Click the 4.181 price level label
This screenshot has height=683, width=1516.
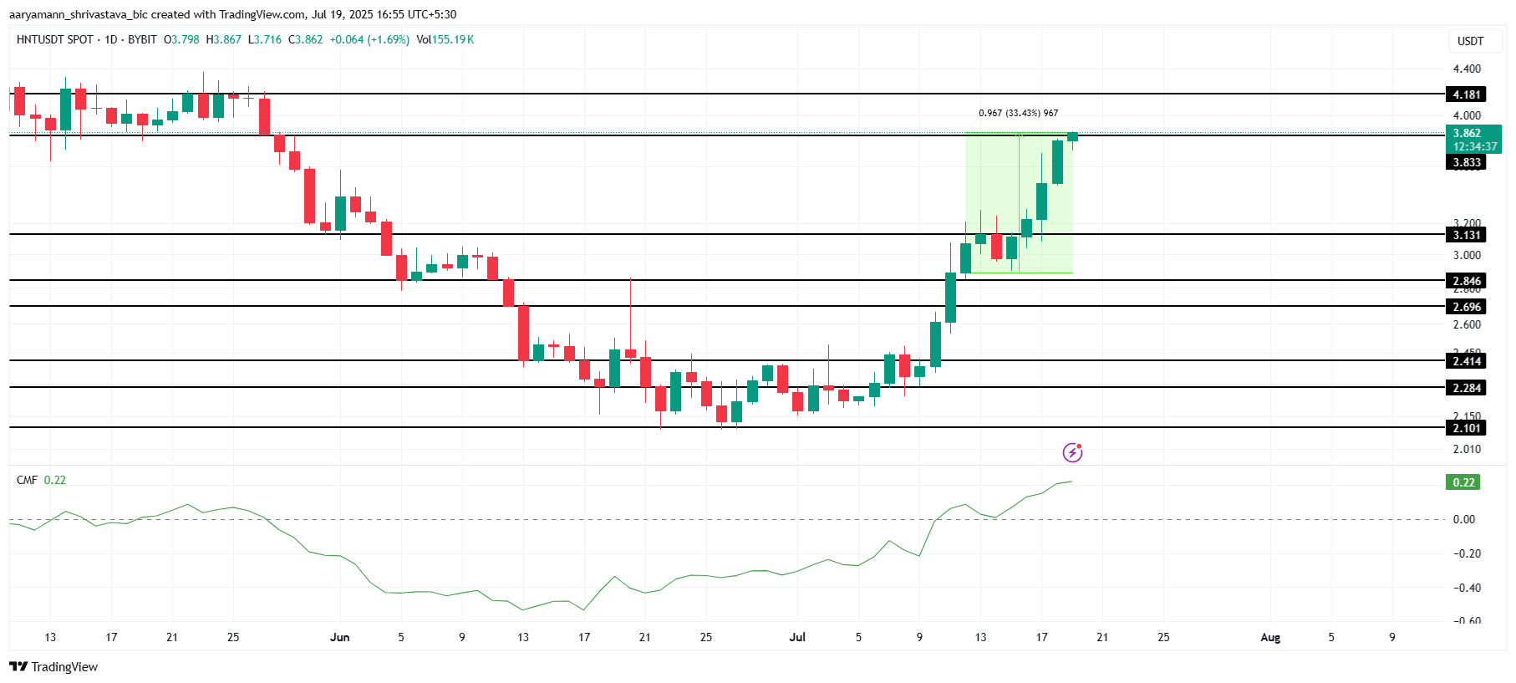click(1466, 94)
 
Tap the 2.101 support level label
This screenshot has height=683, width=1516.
click(1466, 428)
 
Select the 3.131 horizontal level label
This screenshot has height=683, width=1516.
click(1466, 235)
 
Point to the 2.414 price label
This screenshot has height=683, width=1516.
click(1466, 361)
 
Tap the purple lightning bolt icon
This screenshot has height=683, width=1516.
click(1072, 452)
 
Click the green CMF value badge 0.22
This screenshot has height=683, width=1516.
click(1463, 482)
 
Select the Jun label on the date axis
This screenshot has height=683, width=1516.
click(339, 637)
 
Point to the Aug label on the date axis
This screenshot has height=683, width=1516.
click(1269, 637)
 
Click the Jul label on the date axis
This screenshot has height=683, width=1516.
click(797, 637)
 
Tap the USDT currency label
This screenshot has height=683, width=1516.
click(1470, 41)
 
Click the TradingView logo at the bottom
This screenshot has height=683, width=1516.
click(53, 666)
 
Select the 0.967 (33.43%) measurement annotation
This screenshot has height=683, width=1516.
click(1018, 113)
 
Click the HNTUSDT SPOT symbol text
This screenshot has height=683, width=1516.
click(54, 39)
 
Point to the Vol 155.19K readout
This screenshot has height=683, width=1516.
click(445, 39)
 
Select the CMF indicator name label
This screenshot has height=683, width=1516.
click(27, 480)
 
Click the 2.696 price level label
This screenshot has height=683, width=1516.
click(1466, 307)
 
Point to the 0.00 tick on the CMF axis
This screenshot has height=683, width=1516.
click(1463, 519)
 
